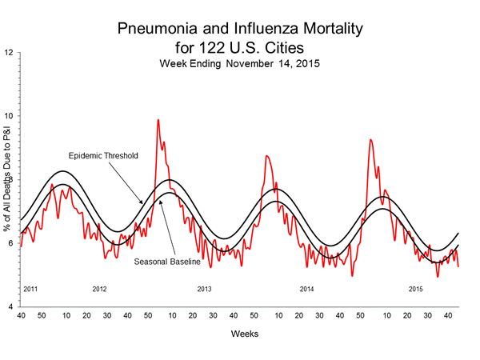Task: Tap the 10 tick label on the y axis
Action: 9,117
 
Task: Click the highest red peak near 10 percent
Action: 158,120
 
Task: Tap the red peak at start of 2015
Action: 370,140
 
